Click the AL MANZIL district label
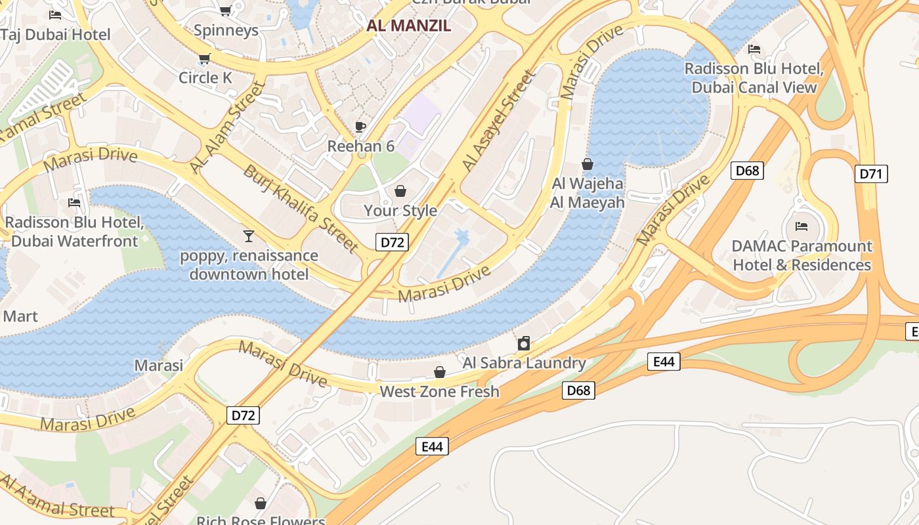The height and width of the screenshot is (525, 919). pos(408,26)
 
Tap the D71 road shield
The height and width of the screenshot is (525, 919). pos(872,174)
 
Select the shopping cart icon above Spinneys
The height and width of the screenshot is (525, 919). pos(225,10)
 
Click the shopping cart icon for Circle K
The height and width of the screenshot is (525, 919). pos(205,59)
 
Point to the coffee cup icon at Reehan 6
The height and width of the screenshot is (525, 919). pos(360,127)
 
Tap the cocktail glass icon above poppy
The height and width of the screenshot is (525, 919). pos(249,236)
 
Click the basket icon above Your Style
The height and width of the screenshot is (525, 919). pos(400,191)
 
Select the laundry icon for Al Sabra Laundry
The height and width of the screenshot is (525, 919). pos(524,343)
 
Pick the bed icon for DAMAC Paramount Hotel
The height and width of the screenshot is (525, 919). pos(801,226)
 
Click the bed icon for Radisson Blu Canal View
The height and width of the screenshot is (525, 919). pos(754,49)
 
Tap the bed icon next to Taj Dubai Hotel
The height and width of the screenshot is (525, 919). pos(55,14)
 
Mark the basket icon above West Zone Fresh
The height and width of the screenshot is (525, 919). pos(440,373)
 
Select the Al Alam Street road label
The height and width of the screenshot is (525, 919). pos(226,129)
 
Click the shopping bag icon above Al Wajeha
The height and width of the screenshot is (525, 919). pos(588,164)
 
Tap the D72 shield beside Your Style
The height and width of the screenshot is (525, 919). pos(393,242)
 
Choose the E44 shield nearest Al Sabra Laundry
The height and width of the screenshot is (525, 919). pos(664,362)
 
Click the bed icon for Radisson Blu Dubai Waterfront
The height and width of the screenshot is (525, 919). pos(74,203)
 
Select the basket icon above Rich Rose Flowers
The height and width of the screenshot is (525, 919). pos(261,503)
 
